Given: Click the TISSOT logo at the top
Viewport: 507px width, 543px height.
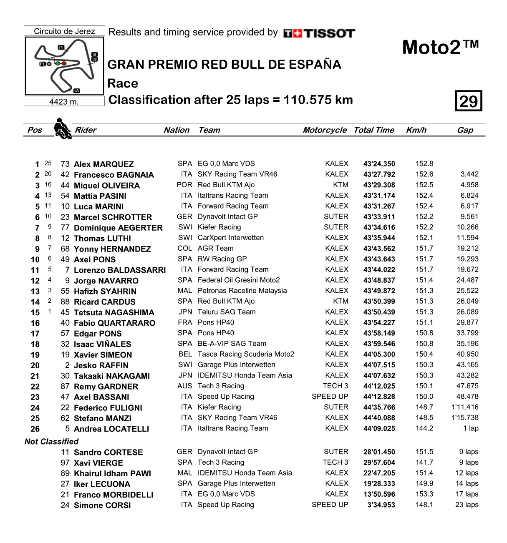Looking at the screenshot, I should (x=319, y=33).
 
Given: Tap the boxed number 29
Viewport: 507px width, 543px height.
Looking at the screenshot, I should (x=468, y=101).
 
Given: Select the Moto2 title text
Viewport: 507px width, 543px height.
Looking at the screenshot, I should (x=440, y=48).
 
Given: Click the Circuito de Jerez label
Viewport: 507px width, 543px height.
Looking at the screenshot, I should (x=64, y=31).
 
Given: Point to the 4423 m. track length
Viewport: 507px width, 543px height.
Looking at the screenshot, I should (x=64, y=102).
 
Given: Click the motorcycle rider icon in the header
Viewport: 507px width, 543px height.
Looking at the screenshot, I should (x=63, y=129).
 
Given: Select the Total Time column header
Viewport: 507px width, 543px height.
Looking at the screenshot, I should (x=373, y=130).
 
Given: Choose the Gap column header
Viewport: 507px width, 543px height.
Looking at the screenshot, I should (x=465, y=130).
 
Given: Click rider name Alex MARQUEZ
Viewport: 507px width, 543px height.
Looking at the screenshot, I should (x=103, y=164).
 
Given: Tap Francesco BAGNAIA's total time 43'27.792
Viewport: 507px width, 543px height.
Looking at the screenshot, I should (x=379, y=175).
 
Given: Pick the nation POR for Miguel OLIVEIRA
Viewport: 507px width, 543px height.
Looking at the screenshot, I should (x=184, y=185).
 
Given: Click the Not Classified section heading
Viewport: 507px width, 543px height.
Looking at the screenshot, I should (x=51, y=442).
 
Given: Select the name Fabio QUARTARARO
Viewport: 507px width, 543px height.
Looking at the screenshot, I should (x=114, y=323).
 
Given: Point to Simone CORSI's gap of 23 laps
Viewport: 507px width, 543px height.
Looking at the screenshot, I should (x=467, y=505).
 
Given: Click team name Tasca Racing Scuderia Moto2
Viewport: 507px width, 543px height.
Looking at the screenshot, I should (x=246, y=354).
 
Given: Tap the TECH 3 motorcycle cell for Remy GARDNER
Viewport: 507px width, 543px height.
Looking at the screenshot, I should (x=335, y=386).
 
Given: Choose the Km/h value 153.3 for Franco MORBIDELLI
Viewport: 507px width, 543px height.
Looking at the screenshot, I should (x=424, y=494).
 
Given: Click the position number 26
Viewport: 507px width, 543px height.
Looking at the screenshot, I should (x=35, y=429).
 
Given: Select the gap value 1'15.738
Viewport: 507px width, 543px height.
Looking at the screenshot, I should (x=465, y=417).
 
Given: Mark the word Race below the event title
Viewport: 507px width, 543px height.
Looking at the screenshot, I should (x=123, y=83).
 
